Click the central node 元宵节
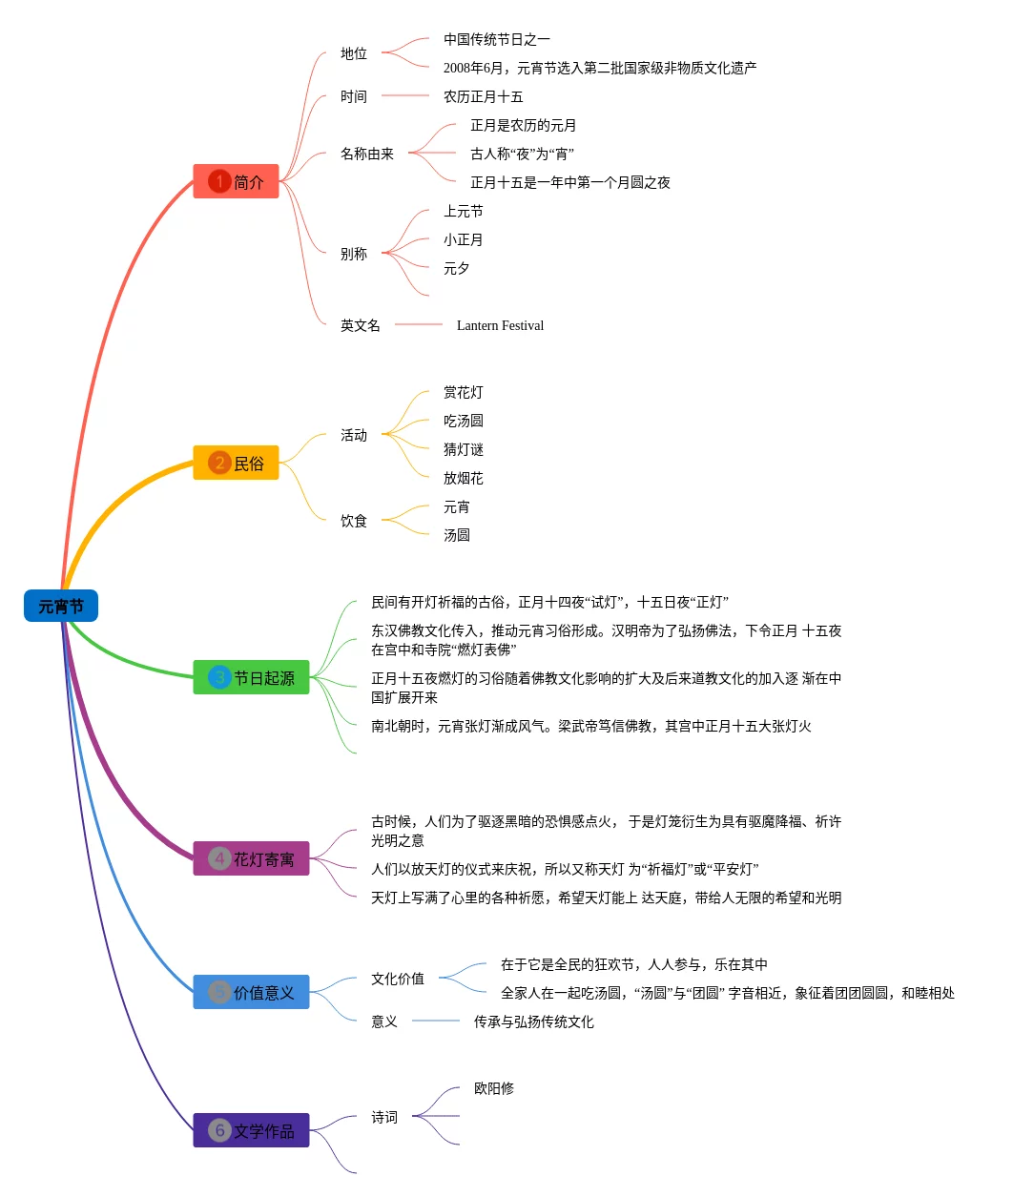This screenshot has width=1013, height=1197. tap(61, 606)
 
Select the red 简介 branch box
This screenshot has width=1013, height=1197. tap(237, 181)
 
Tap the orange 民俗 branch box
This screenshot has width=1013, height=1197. tap(237, 463)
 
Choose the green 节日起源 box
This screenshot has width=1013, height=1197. tap(252, 677)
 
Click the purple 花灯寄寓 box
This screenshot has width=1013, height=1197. tap(252, 858)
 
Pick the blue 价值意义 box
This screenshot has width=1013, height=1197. tap(252, 992)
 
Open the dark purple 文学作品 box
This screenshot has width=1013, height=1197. tap(252, 1130)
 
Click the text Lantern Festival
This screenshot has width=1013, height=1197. tap(500, 325)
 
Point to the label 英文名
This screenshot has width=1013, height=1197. tap(361, 325)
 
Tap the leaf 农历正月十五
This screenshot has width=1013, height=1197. tap(483, 96)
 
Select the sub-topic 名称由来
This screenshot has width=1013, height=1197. tap(367, 154)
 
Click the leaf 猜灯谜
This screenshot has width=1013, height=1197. tap(464, 449)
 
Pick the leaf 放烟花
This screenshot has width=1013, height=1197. tap(464, 478)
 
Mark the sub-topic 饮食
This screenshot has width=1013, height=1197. tap(354, 521)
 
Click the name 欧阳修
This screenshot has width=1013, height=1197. tap(494, 1088)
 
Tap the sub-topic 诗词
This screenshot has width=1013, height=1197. tap(384, 1117)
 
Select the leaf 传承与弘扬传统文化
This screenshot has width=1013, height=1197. tap(534, 1022)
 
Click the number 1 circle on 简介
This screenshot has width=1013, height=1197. tap(219, 181)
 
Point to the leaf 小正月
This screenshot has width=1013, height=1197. tap(464, 239)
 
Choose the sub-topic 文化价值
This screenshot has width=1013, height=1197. tap(398, 979)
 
